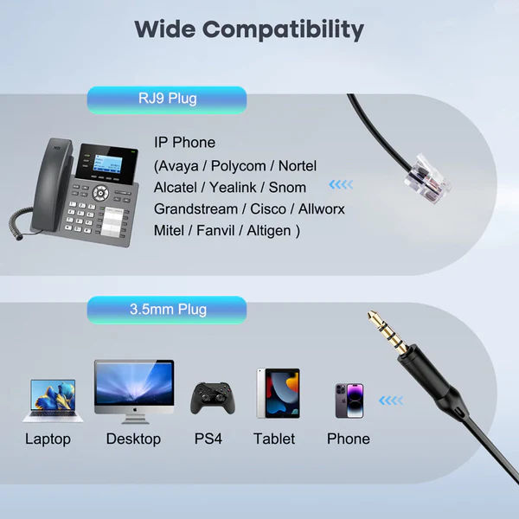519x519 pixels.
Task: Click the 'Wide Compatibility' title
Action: tap(249, 29)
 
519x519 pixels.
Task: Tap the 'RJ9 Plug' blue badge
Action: tap(167, 100)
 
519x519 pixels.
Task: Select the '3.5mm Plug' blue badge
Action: tap(167, 310)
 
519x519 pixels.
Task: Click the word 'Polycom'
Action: tap(239, 166)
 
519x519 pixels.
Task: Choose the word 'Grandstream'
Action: tap(195, 209)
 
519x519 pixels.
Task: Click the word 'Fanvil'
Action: tap(215, 230)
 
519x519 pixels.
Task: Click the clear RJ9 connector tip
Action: tap(427, 179)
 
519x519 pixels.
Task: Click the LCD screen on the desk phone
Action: tap(107, 163)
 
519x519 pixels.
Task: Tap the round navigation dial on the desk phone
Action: tap(100, 193)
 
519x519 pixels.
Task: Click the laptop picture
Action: tap(53, 400)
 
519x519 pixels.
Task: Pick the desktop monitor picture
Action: tap(134, 392)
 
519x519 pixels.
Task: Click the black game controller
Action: tap(213, 398)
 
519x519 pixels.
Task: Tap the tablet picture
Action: tap(278, 394)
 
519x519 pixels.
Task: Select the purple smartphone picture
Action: tap(349, 400)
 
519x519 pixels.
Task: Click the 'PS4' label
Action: tap(208, 439)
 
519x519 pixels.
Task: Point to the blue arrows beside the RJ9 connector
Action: tap(341, 184)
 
